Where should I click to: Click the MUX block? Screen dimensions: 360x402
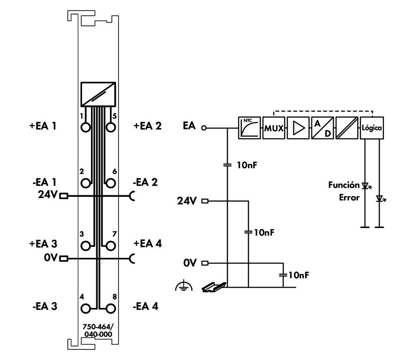[x=274, y=128]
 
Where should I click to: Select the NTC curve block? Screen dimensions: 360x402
[x=250, y=128]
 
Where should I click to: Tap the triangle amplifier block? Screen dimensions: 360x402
[x=298, y=128]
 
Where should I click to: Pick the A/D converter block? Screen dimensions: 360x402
[x=323, y=128]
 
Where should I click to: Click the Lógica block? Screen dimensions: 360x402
[x=372, y=128]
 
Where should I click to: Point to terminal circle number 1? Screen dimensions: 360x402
[x=86, y=127]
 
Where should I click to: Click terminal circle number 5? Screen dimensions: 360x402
[x=111, y=127]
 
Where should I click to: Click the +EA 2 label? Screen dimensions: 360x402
[x=147, y=126]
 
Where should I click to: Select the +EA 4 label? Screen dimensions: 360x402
[x=147, y=243]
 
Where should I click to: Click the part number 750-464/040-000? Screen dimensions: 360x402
[x=98, y=331]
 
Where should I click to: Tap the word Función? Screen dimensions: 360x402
[x=344, y=185]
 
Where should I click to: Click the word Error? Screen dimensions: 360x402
[x=349, y=197]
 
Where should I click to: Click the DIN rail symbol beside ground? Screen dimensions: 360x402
[x=214, y=288]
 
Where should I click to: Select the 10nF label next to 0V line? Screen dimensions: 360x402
[x=298, y=275]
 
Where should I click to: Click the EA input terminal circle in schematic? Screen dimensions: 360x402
[x=203, y=128]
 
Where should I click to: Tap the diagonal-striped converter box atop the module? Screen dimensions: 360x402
[x=98, y=94]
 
